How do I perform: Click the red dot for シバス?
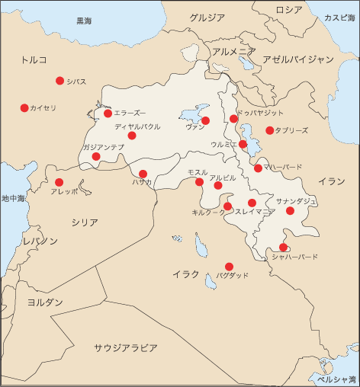(59, 81)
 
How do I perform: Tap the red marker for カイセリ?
(24, 108)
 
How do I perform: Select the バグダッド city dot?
(229, 267)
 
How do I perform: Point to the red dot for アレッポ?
(59, 182)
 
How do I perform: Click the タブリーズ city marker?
(269, 130)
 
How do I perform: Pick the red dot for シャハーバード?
(283, 247)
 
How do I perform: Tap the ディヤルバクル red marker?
(132, 136)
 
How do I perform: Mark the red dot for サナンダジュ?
(290, 210)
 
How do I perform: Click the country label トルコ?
(34, 59)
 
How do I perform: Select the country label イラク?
(185, 274)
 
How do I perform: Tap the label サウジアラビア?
(126, 348)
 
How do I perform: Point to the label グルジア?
(207, 17)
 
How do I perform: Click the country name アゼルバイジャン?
(298, 59)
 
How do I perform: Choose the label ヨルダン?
(45, 302)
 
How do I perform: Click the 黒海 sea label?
(84, 21)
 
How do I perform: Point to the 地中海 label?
(13, 198)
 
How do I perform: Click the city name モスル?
(197, 172)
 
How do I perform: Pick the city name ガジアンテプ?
(103, 146)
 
